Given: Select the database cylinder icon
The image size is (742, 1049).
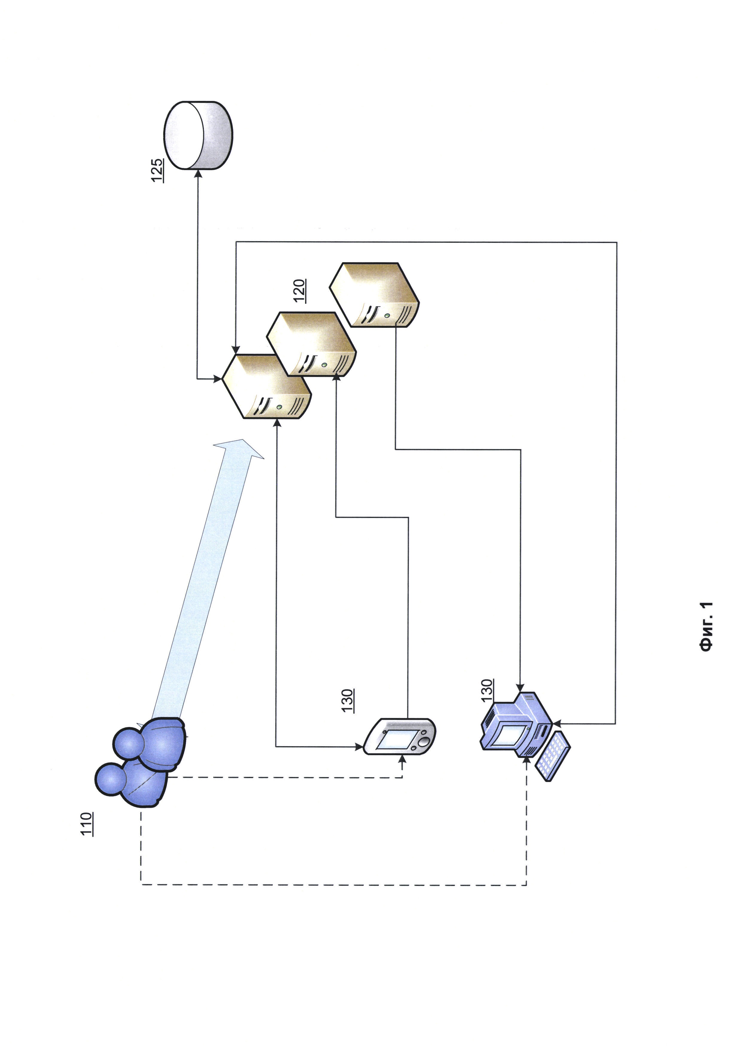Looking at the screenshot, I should [198, 135].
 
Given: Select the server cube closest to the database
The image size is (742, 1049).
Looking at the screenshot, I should [266, 386].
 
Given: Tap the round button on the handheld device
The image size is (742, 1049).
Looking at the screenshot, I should [425, 741].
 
